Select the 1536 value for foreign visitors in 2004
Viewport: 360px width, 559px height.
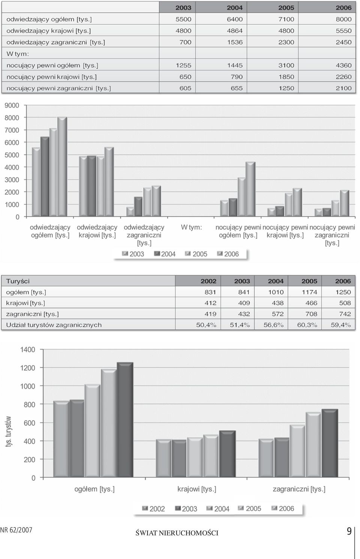(235, 42)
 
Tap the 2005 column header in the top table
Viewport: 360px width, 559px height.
(286, 8)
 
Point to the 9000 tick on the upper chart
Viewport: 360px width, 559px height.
(12, 105)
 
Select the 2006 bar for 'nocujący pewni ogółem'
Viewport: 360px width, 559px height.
(250, 189)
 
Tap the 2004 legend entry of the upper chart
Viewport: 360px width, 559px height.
(165, 254)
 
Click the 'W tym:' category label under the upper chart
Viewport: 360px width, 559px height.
(191, 227)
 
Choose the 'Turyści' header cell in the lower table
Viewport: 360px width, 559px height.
(18, 281)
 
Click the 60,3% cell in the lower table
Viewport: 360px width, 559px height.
(307, 325)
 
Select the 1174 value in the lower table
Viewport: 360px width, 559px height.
(309, 292)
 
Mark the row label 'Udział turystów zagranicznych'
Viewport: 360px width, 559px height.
(54, 325)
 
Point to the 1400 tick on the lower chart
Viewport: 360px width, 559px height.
(28, 350)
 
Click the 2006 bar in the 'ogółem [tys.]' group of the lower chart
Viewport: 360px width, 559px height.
(125, 420)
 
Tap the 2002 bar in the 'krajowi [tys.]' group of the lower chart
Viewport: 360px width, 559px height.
(163, 458)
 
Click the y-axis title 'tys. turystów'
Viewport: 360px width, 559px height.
(9, 431)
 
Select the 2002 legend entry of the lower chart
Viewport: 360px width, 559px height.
(153, 509)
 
